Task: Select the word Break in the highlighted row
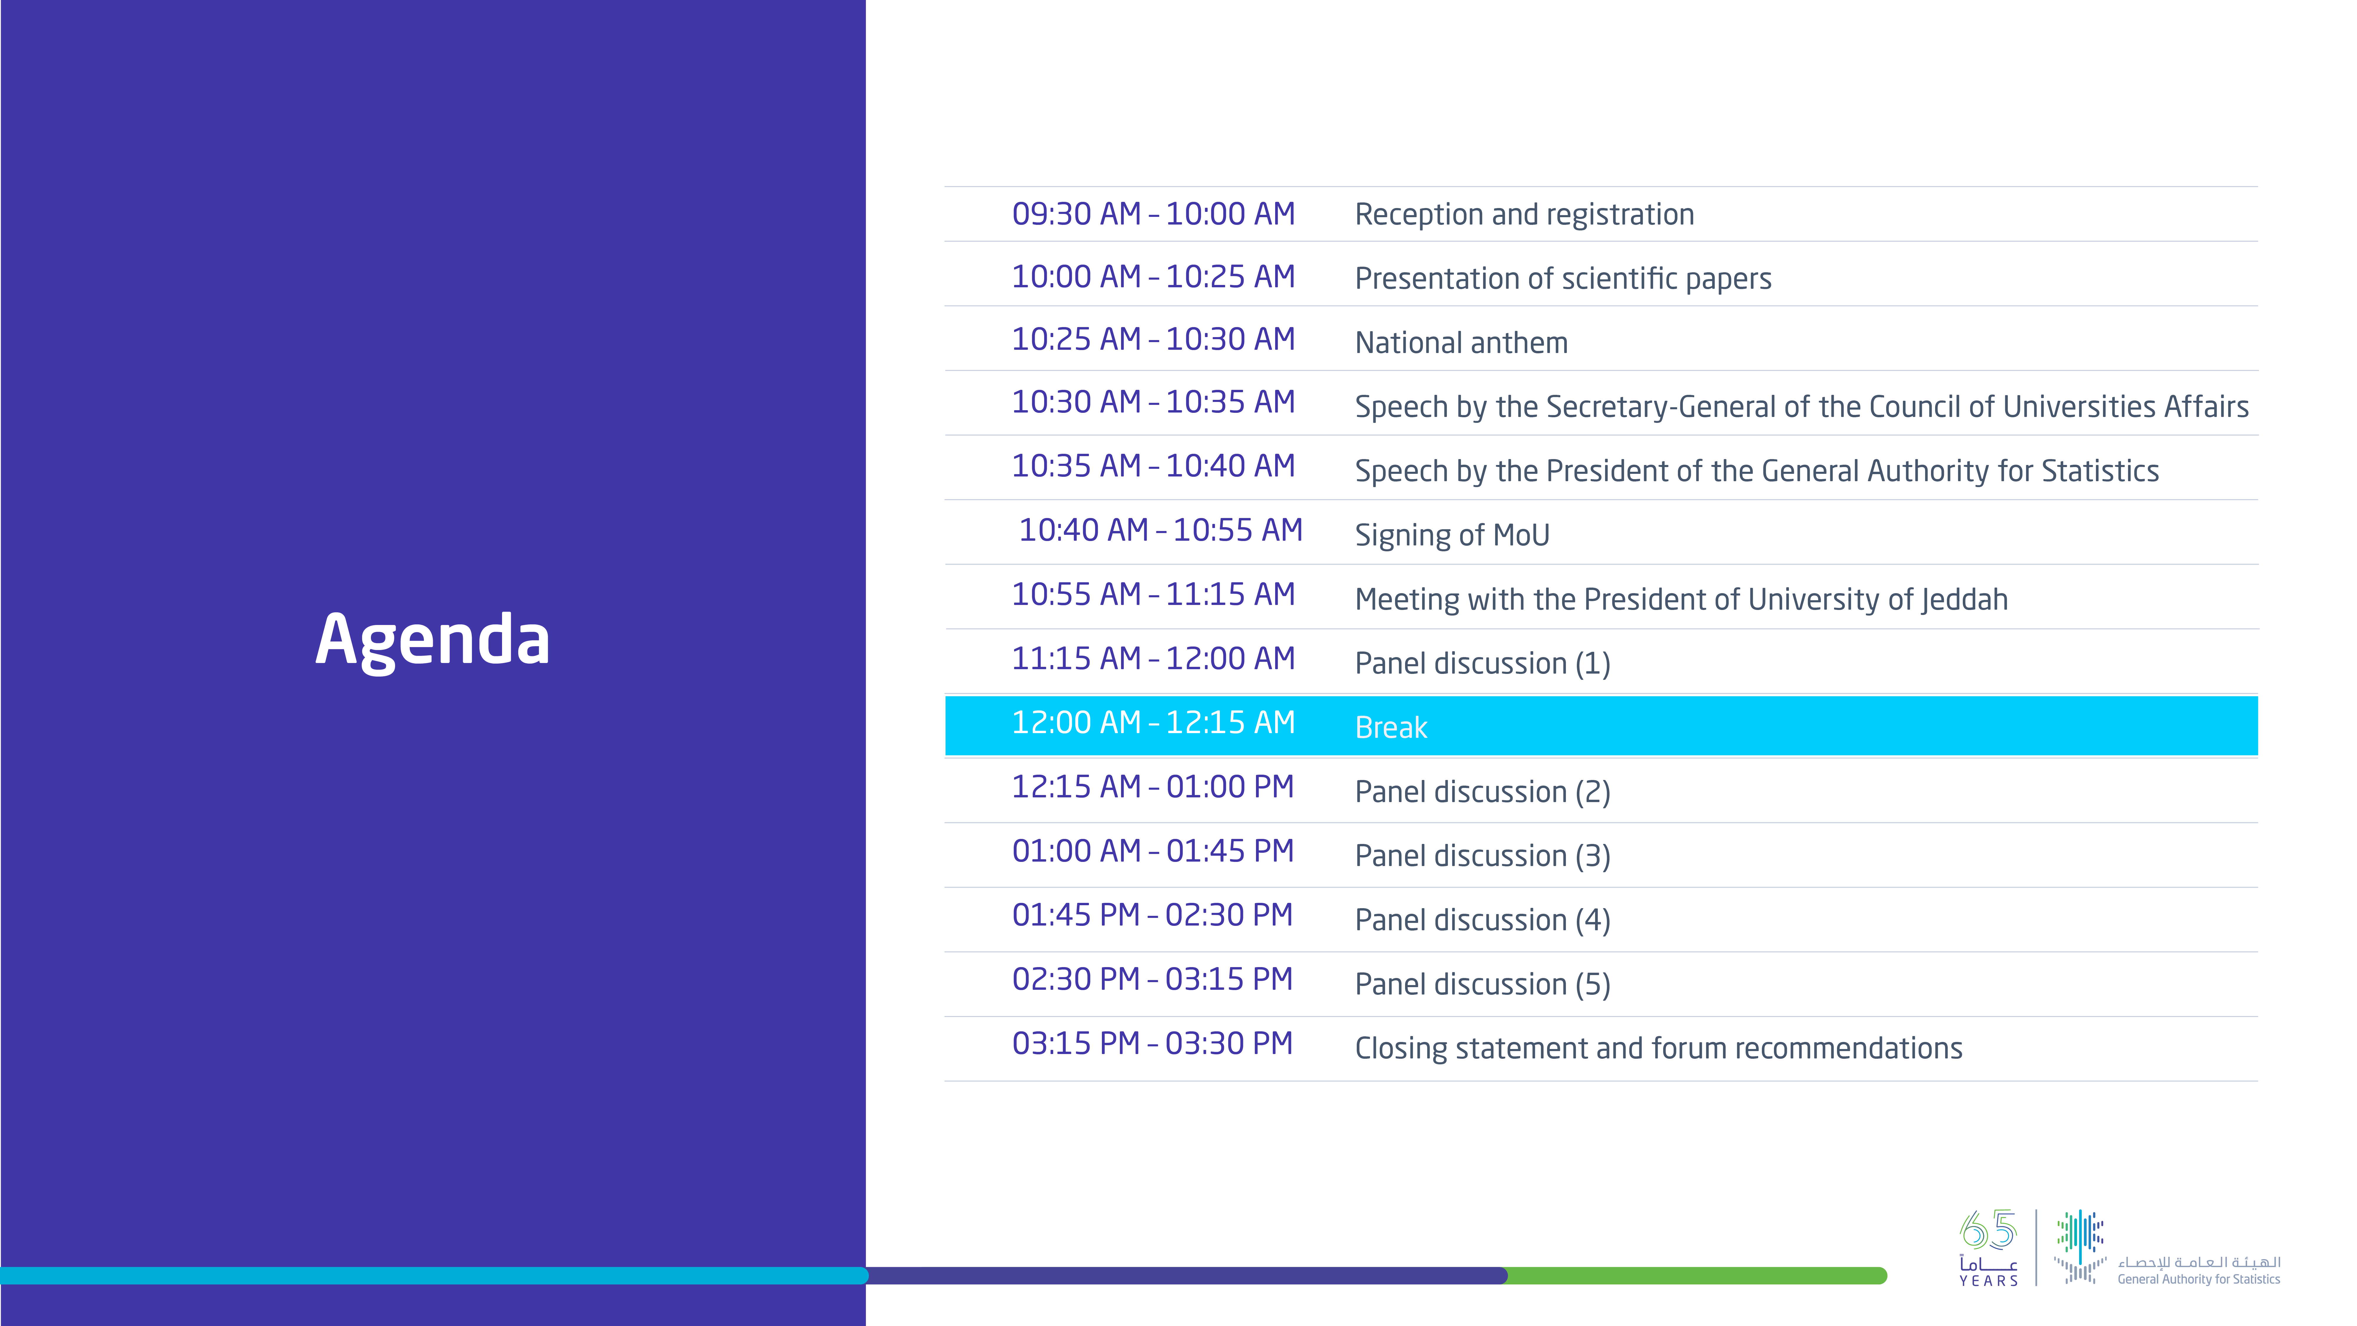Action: [1391, 728]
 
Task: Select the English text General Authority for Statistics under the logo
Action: [2199, 1279]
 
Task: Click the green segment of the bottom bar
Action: [1696, 1276]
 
